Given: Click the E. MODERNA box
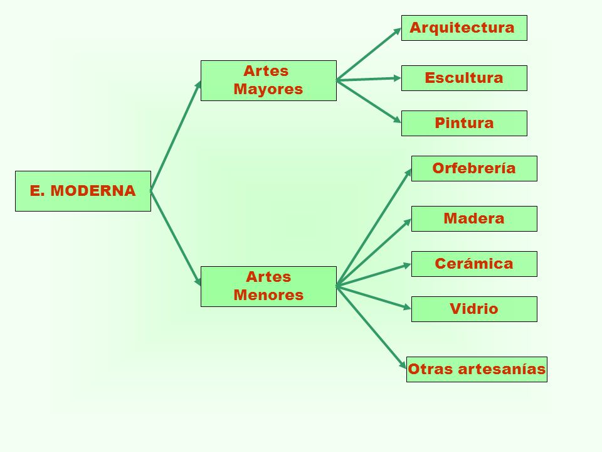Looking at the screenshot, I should coord(83,191).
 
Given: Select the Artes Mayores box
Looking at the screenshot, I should coord(268,80).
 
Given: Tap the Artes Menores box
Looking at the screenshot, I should coord(268,286).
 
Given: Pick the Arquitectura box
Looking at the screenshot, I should coord(464,28).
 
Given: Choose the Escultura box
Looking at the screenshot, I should coord(464,78).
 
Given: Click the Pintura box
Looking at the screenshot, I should coord(464,123).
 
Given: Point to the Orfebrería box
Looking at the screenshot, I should coord(474,168).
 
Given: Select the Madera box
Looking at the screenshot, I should coord(474,218).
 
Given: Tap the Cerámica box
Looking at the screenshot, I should coord(474,264).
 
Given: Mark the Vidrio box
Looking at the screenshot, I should coord(474,309).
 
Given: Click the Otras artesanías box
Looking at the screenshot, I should coord(477,369).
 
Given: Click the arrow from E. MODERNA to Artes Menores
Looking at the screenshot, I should coord(176,237).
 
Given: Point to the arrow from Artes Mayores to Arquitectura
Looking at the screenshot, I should coord(369,54).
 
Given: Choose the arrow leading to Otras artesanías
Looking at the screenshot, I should coord(371,326).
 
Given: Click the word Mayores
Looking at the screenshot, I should coord(268,89).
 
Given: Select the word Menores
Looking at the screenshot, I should coord(268,295).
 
